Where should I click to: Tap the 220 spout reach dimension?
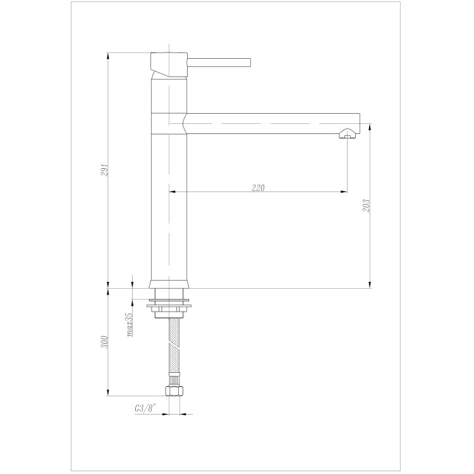point(258,188)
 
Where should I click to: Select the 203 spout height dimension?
point(366,205)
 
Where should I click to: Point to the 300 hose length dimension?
point(104,341)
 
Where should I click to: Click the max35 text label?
point(130,325)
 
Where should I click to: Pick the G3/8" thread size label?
point(145,408)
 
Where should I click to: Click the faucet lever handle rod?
point(219,62)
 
